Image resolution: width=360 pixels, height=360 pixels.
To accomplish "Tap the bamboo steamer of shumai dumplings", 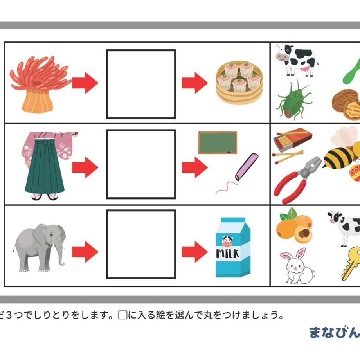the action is [x=239, y=83].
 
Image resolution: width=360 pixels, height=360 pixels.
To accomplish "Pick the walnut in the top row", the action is [x=346, y=104].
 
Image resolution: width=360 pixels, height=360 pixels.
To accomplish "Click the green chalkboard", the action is [x=218, y=142].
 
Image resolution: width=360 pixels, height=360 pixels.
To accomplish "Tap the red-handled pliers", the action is [x=297, y=180].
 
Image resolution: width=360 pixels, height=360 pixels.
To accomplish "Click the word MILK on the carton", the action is [x=227, y=254].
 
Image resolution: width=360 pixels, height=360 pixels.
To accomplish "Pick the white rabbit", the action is [x=297, y=266].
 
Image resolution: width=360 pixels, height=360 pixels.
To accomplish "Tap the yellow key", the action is [x=351, y=263].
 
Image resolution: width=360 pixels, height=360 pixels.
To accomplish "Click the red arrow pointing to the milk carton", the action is [x=195, y=252].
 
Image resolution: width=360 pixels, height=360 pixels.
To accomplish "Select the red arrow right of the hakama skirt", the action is [x=85, y=167].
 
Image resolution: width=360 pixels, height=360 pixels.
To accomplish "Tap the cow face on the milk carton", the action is [x=227, y=241].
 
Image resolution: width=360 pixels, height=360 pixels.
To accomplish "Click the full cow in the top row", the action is [x=297, y=60].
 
